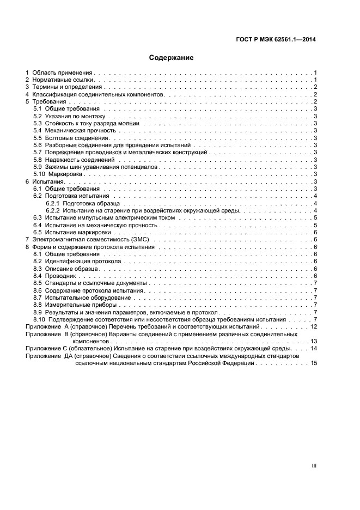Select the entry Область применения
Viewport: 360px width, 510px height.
63,72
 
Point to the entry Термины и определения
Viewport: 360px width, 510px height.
67,87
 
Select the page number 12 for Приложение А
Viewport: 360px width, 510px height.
314,326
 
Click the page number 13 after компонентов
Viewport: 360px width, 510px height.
314,341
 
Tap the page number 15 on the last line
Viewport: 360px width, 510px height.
314,363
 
